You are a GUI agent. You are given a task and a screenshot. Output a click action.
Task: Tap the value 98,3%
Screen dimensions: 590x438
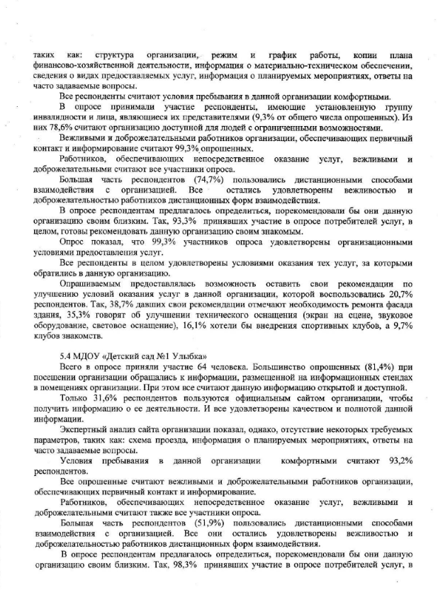point(174,573)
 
